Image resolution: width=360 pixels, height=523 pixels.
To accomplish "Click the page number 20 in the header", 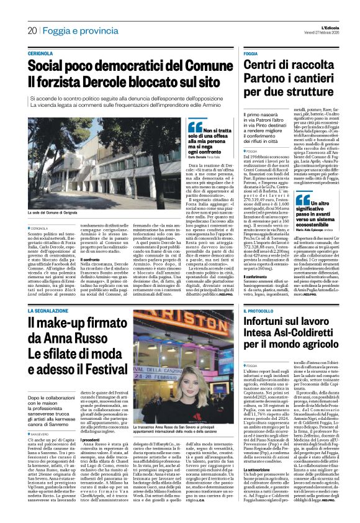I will click(32, 30).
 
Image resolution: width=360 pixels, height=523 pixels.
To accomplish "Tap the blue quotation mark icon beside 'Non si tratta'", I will click(195, 127).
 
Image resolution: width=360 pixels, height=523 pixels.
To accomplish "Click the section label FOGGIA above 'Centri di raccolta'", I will click(251, 54).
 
